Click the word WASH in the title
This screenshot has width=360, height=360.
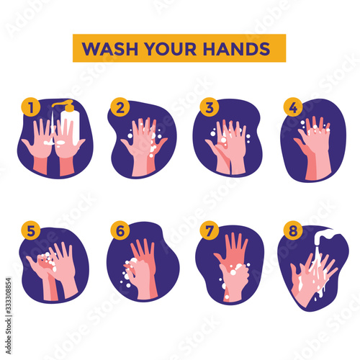point(109,49)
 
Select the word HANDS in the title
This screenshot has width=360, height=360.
point(236,49)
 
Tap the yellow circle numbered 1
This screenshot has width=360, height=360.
point(31,107)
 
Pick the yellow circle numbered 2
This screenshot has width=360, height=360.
point(120,107)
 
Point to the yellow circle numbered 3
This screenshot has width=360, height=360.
point(210,107)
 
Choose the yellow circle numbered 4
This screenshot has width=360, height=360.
point(293,107)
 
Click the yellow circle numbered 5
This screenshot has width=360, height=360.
point(31,230)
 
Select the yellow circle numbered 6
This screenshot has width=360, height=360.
point(120,230)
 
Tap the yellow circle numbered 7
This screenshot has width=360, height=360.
point(210,230)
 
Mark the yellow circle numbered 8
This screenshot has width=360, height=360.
point(293,230)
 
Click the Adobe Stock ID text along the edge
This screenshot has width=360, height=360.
point(9,316)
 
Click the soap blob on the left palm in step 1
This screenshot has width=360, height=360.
point(48,143)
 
